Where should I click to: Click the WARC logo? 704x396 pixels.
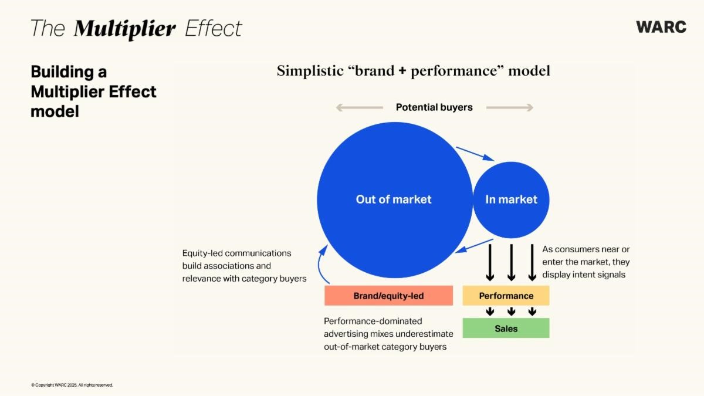tap(661, 27)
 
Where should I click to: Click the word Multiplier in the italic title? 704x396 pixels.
tap(124, 29)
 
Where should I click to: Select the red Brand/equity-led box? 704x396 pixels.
tap(389, 296)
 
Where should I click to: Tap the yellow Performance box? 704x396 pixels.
tap(506, 296)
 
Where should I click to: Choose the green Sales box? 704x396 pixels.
tap(506, 328)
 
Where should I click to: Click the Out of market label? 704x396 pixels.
tap(394, 199)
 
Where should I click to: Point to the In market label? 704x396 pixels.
tap(512, 199)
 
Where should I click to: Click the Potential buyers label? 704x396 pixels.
tap(434, 107)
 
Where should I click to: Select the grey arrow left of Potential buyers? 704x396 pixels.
tap(360, 107)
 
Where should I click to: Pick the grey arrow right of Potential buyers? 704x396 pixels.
tap(510, 107)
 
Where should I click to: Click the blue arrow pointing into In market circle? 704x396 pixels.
tap(475, 154)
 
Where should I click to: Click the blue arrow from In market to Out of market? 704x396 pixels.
tap(474, 246)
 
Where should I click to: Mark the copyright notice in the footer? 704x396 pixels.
tap(72, 385)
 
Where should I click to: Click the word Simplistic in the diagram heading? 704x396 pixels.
tap(310, 71)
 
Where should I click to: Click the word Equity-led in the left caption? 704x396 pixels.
tap(203, 253)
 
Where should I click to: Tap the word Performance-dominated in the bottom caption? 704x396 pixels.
tap(373, 321)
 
